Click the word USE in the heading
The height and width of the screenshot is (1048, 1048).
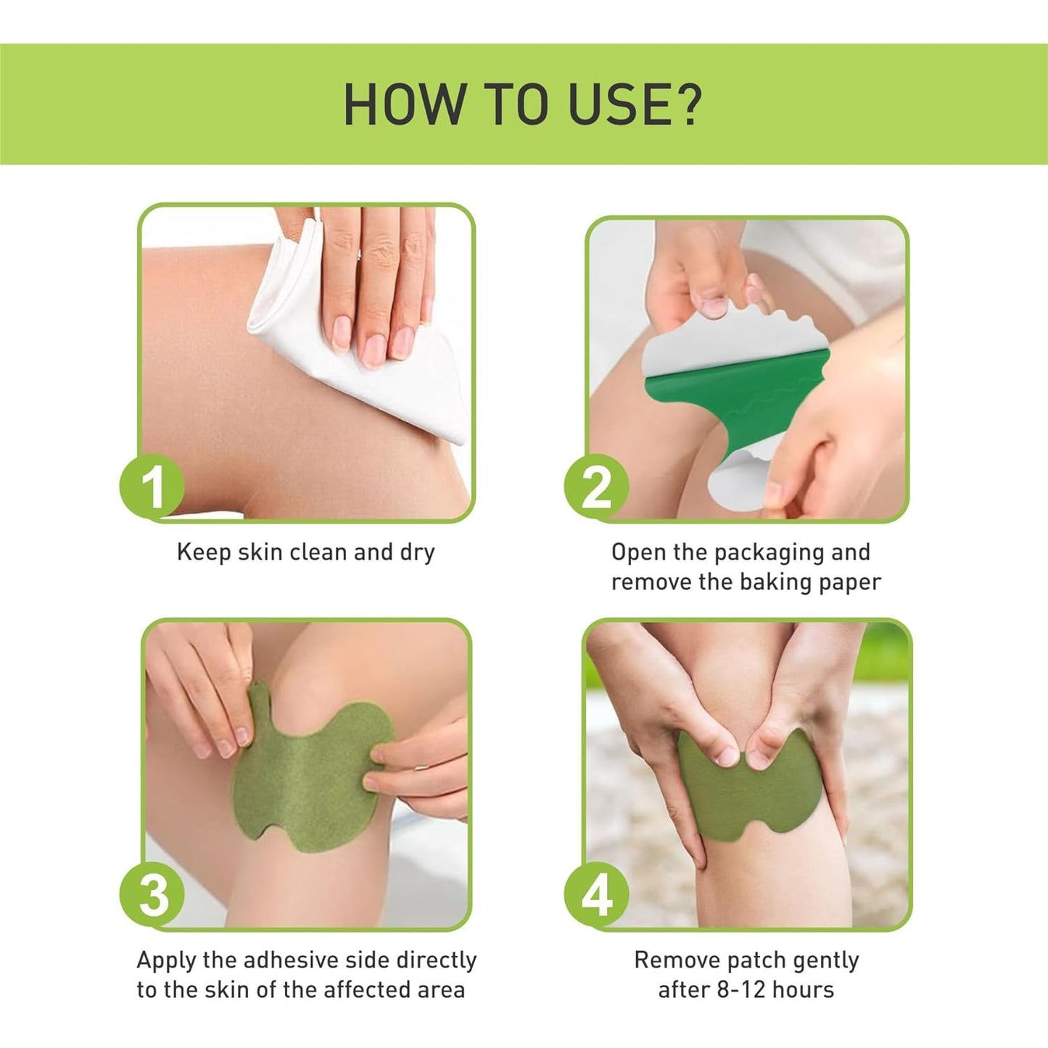[612, 104]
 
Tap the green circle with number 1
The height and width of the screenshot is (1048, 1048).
[152, 487]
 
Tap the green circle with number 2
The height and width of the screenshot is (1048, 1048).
[596, 487]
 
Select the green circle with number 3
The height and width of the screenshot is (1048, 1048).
[152, 895]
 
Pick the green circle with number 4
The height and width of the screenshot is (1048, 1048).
[596, 895]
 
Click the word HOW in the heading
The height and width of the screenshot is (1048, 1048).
[403, 104]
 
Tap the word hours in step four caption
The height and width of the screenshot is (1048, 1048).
[802, 990]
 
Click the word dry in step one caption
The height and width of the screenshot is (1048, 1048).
[417, 553]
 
